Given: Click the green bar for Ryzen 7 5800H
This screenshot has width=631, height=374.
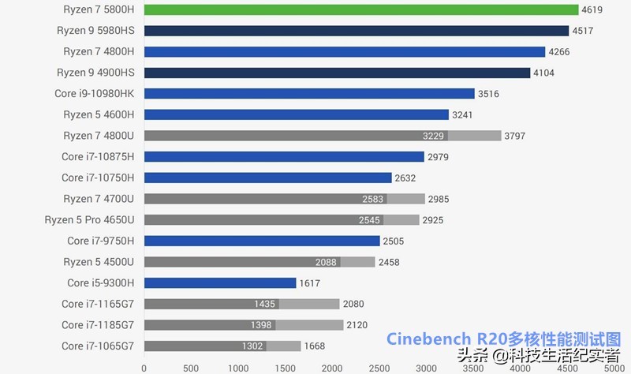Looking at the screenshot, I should click(x=360, y=9).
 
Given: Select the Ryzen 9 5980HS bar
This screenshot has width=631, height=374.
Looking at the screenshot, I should click(x=356, y=31).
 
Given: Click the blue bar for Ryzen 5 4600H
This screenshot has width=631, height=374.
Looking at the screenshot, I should click(x=296, y=114).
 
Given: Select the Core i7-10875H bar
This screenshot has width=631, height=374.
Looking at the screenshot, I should click(x=284, y=157).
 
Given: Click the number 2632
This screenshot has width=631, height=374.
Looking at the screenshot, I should click(x=405, y=178).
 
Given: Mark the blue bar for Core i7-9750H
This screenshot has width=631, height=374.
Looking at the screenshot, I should click(x=261, y=241).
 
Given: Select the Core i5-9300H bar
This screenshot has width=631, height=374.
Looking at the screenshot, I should click(x=219, y=283).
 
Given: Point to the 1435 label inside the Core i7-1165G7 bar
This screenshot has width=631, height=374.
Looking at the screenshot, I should click(x=264, y=304).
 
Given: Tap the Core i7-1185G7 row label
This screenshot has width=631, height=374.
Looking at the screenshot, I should click(x=98, y=325).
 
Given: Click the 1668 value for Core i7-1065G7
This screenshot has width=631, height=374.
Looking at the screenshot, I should click(x=314, y=346).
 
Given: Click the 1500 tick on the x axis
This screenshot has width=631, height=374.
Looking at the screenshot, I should click(x=285, y=368).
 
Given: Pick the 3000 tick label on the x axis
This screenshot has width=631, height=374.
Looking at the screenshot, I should click(x=426, y=368).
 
